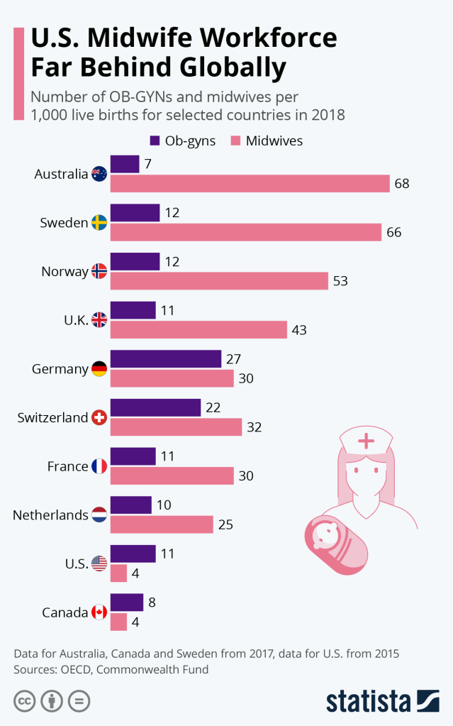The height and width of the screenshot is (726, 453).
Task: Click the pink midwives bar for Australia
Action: tap(250, 183)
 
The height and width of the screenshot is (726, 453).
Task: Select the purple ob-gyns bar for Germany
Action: tap(166, 359)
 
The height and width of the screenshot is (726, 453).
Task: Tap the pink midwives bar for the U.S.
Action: tap(119, 573)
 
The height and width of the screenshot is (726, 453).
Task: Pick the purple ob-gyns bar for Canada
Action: tap(127, 603)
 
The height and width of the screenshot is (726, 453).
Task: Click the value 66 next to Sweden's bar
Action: tap(394, 232)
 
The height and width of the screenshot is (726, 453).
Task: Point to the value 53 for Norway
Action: tap(340, 281)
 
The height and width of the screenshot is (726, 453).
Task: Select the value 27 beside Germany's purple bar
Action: tap(234, 359)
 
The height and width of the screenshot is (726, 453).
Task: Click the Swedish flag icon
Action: tap(99, 222)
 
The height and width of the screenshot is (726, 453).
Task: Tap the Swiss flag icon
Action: tap(99, 417)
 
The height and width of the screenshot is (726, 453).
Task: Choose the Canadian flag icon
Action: tap(99, 612)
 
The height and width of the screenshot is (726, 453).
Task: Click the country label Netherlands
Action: tap(50, 515)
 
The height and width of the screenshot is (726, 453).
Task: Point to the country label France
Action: tap(67, 466)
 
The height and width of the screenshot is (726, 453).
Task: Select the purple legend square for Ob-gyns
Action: tap(155, 141)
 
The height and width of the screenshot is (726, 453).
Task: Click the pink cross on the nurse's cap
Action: tap(366, 441)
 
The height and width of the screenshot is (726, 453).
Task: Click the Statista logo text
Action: tap(369, 700)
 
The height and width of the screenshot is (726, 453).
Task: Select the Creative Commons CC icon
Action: tap(24, 700)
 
